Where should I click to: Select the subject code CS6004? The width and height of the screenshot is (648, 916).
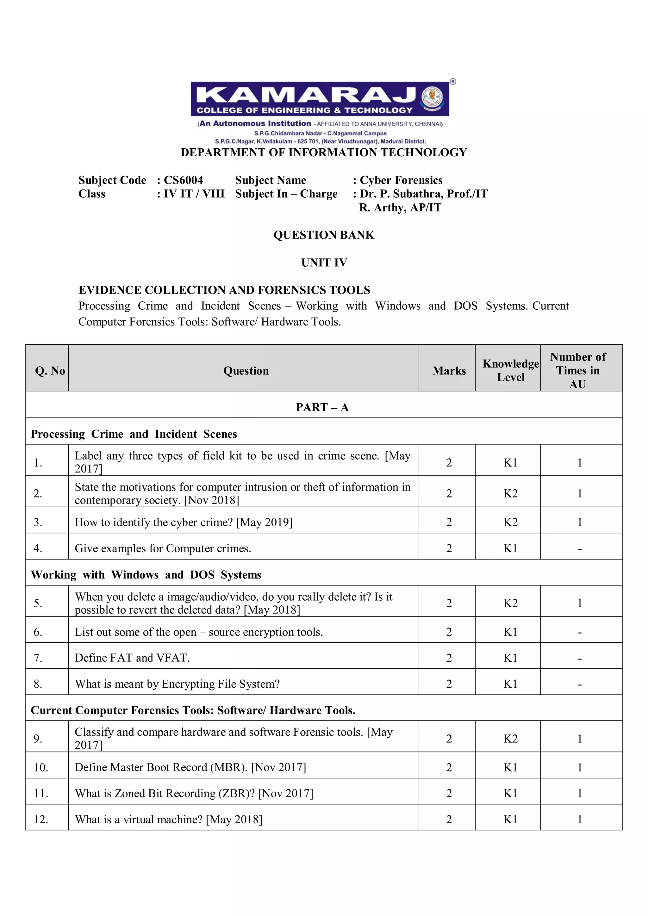[183, 180]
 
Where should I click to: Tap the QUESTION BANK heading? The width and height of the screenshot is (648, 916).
[324, 235]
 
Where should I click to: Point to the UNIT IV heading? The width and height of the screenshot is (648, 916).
[324, 263]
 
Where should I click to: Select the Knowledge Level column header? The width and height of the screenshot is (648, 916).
[510, 370]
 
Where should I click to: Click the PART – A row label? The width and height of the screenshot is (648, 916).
[322, 407]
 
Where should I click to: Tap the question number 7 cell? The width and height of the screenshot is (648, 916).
[38, 658]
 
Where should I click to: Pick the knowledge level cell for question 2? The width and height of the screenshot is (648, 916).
[510, 493]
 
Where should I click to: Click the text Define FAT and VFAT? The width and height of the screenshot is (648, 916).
[132, 658]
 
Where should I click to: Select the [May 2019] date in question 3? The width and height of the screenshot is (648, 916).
[264, 522]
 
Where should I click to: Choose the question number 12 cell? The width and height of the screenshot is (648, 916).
[41, 820]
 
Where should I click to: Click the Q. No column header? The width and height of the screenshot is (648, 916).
[50, 371]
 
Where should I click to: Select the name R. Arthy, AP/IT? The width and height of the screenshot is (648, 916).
[400, 207]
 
